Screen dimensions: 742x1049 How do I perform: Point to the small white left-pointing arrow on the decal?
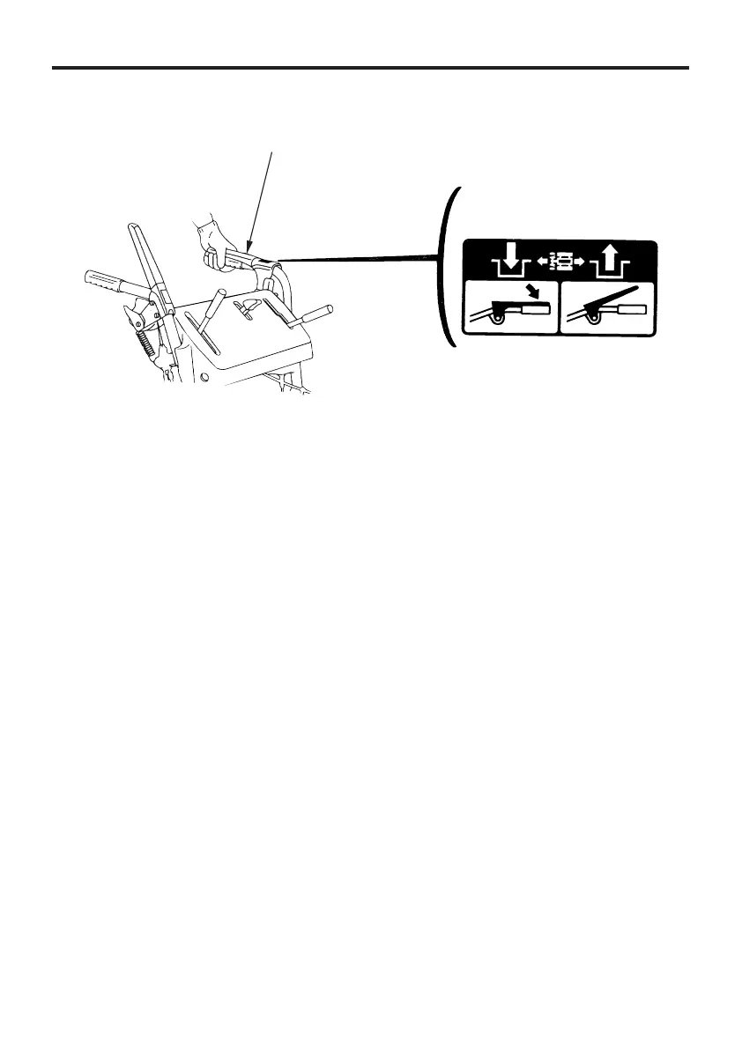coord(539,261)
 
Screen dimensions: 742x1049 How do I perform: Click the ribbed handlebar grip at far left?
coord(104,284)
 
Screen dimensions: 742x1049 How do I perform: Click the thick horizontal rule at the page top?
coord(370,67)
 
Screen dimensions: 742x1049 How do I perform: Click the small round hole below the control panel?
coord(204,380)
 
